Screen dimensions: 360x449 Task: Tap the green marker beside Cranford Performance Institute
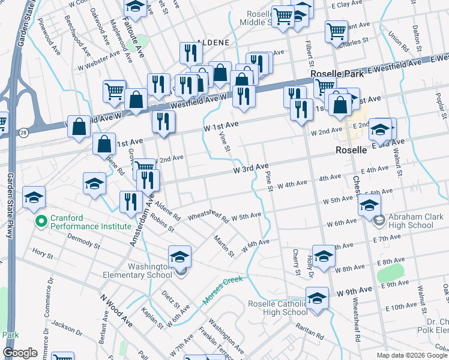point(41,222)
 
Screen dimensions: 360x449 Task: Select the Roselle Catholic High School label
point(278,308)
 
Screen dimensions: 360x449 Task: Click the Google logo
point(20,353)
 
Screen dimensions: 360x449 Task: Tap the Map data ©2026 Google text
point(412,355)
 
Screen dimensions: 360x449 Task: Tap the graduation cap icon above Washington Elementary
point(179,257)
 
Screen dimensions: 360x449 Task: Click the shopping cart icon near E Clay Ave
point(282,16)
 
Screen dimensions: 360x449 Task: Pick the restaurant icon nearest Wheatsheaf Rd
point(130,202)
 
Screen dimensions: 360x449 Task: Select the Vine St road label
point(225,143)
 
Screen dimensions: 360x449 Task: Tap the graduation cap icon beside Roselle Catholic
point(316,298)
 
